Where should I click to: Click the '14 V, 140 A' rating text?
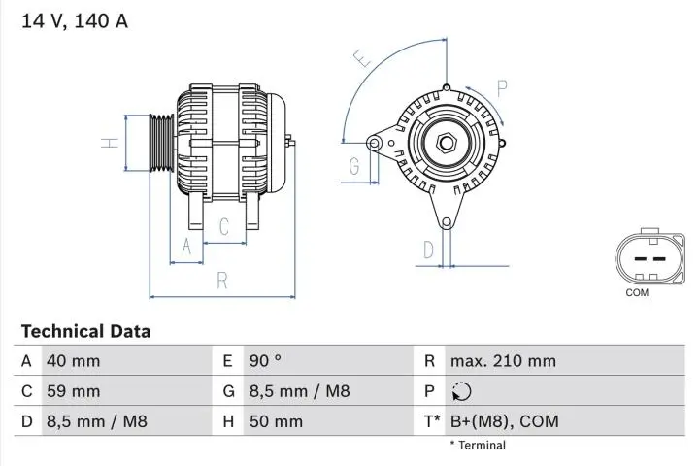[74, 20]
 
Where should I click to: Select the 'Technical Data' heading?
[85, 331]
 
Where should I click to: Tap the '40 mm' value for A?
[73, 361]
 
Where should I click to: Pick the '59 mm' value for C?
[73, 391]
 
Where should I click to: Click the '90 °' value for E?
[265, 361]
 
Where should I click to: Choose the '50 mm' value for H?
[277, 421]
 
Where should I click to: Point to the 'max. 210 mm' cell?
[503, 361]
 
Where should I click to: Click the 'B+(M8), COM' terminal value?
[504, 421]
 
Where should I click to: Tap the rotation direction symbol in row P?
[461, 392]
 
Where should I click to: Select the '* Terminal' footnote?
[477, 445]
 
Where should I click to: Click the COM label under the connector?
[637, 292]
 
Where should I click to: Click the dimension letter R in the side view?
[222, 281]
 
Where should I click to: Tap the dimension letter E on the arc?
[363, 60]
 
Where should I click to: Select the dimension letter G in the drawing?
[354, 166]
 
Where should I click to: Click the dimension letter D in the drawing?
[427, 250]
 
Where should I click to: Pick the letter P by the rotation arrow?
[502, 88]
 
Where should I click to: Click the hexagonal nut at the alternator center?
[447, 143]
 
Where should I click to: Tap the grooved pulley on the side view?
[160, 143]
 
